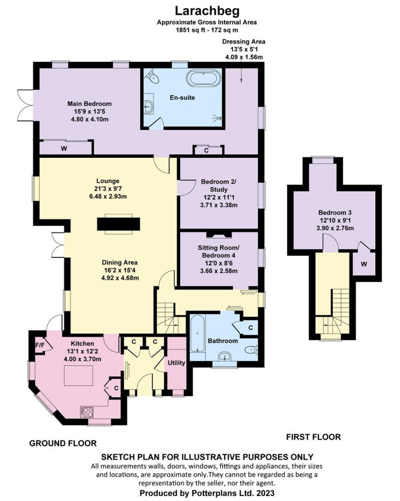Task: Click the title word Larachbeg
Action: coord(207,11)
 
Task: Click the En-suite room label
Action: coord(182,97)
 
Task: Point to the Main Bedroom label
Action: coord(89,104)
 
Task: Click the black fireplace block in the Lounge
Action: coord(118,224)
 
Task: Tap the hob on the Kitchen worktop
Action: coord(87,413)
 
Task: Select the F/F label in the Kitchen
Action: coord(40,345)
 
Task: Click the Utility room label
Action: coord(176,363)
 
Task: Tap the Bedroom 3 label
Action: coord(335,213)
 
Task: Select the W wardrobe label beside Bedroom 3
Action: coord(364,264)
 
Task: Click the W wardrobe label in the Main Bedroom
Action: coord(64,148)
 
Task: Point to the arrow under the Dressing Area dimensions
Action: coord(241,71)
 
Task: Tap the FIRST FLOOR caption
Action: coord(313,437)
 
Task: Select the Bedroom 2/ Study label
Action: coord(218,185)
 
